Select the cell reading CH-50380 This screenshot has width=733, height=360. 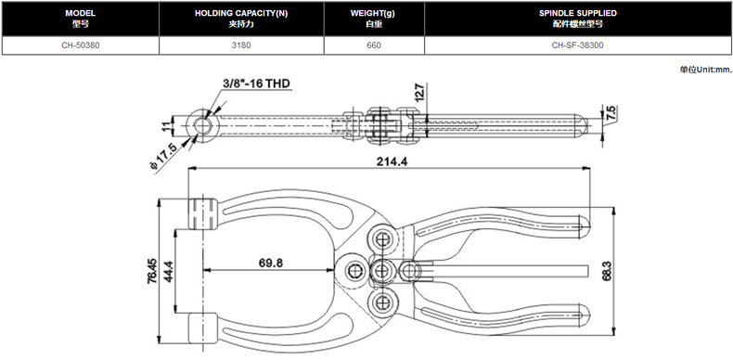click(81, 45)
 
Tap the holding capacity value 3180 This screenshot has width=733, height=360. click(241, 45)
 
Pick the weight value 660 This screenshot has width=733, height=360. click(374, 45)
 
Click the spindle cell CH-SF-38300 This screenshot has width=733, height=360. click(578, 45)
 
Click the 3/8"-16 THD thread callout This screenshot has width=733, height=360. click(256, 84)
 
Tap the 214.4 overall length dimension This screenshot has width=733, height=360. click(392, 161)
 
